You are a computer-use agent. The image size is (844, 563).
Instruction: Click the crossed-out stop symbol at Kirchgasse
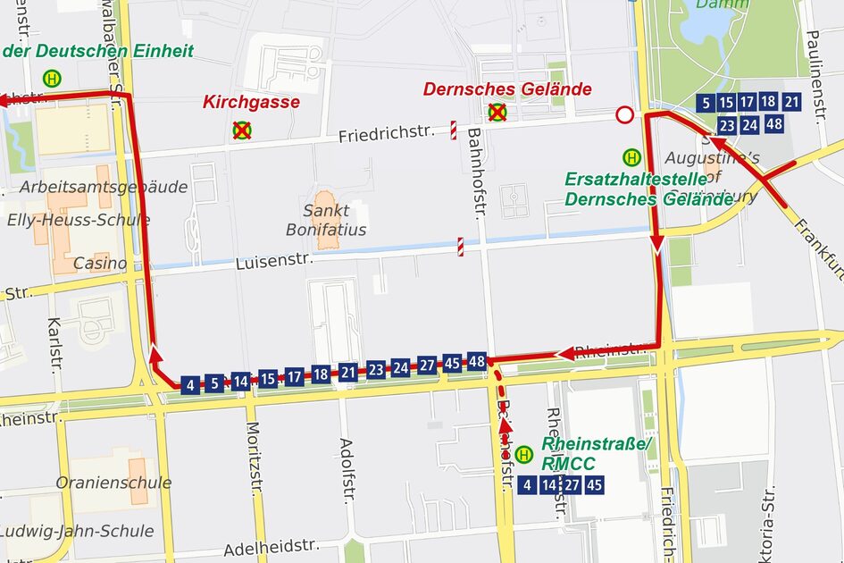(x=241, y=130)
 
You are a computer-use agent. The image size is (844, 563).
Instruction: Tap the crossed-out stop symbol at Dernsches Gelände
(x=497, y=113)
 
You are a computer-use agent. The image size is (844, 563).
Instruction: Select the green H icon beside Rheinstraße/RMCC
(x=524, y=455)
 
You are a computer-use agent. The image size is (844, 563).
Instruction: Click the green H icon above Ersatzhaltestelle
(x=631, y=156)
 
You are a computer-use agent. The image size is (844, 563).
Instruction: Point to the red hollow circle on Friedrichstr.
(x=624, y=114)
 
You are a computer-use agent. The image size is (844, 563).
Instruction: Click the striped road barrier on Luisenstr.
(x=461, y=247)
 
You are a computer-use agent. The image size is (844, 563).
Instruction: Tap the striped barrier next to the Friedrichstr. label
(x=454, y=130)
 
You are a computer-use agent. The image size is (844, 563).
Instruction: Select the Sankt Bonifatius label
(x=326, y=221)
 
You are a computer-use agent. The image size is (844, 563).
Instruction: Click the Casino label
(x=99, y=264)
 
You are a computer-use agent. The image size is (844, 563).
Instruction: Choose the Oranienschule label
(x=113, y=483)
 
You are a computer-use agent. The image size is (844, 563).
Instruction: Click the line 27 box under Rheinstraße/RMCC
(x=572, y=485)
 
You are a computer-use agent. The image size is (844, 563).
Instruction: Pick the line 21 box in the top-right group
(x=791, y=102)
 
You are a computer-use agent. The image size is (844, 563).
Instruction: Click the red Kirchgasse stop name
(x=251, y=102)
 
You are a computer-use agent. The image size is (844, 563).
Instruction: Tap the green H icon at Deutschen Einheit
(x=53, y=78)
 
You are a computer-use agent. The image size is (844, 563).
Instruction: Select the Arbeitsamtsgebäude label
(x=104, y=187)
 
